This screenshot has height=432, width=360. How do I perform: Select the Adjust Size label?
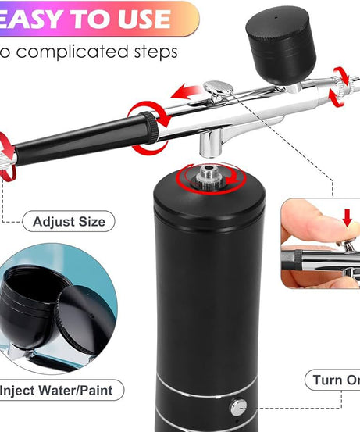(70, 222)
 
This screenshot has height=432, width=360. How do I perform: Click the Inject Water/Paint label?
(61, 389)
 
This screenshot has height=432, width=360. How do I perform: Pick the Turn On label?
(336, 380)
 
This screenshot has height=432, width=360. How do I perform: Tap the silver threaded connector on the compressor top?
(209, 176)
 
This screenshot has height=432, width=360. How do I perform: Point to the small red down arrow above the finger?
(347, 217)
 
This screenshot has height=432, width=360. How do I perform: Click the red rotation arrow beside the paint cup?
(340, 84)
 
